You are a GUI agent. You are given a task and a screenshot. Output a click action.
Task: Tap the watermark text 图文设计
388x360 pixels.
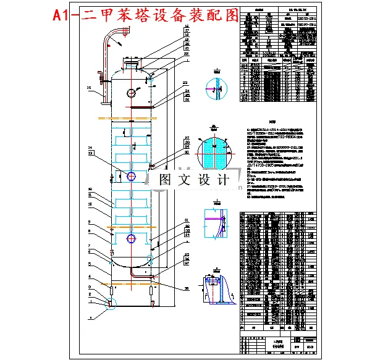click(191, 180)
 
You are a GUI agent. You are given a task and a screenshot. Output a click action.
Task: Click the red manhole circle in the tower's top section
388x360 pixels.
click(132, 93)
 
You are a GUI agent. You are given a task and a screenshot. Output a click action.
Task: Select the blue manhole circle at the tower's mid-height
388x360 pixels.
click(132, 176)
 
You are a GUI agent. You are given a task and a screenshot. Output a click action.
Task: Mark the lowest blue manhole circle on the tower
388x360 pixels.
click(132, 239)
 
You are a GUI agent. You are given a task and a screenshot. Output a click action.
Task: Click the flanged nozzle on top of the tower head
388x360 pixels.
click(132, 62)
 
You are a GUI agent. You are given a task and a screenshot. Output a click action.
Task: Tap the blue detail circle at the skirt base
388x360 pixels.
click(111, 303)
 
